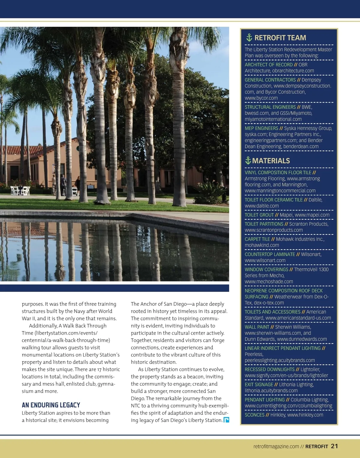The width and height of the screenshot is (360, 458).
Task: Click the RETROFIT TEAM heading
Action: click(280, 38)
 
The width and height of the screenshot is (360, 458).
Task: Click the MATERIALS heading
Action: click(271, 161)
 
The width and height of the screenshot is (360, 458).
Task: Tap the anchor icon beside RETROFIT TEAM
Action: click(249, 37)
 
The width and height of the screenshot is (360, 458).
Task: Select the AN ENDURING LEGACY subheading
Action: click(51, 405)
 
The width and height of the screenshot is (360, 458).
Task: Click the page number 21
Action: click(334, 446)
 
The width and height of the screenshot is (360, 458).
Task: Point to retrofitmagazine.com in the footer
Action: click(276, 447)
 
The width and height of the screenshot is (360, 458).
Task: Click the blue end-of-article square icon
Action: click(226, 420)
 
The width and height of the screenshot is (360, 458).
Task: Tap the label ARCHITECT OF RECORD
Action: click(268, 65)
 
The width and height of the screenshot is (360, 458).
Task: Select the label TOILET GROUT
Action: click(259, 215)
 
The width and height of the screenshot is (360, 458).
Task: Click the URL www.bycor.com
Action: click(261, 98)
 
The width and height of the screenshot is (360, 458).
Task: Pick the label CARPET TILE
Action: click(257, 239)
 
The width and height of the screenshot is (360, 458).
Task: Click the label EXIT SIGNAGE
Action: click(259, 385)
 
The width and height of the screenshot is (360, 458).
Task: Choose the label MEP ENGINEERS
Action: click(261, 128)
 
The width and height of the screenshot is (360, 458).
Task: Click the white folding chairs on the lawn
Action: click(20, 190)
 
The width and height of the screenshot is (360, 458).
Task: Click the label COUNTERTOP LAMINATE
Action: click(270, 254)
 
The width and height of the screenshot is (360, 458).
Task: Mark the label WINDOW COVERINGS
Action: click(266, 270)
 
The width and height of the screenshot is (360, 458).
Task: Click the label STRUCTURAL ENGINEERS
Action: click(270, 107)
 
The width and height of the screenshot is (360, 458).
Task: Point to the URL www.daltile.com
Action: click(262, 206)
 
